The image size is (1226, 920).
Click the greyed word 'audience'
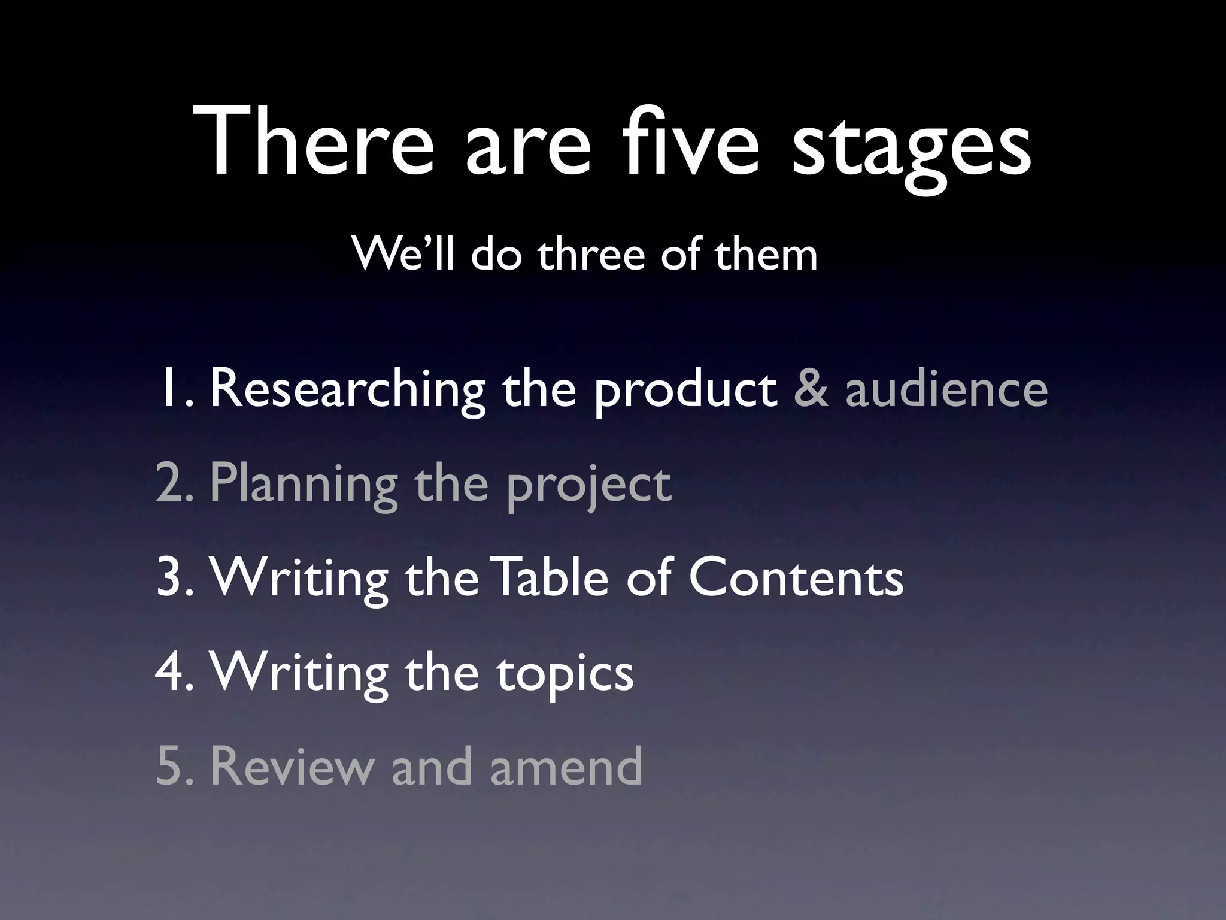coord(946,389)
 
